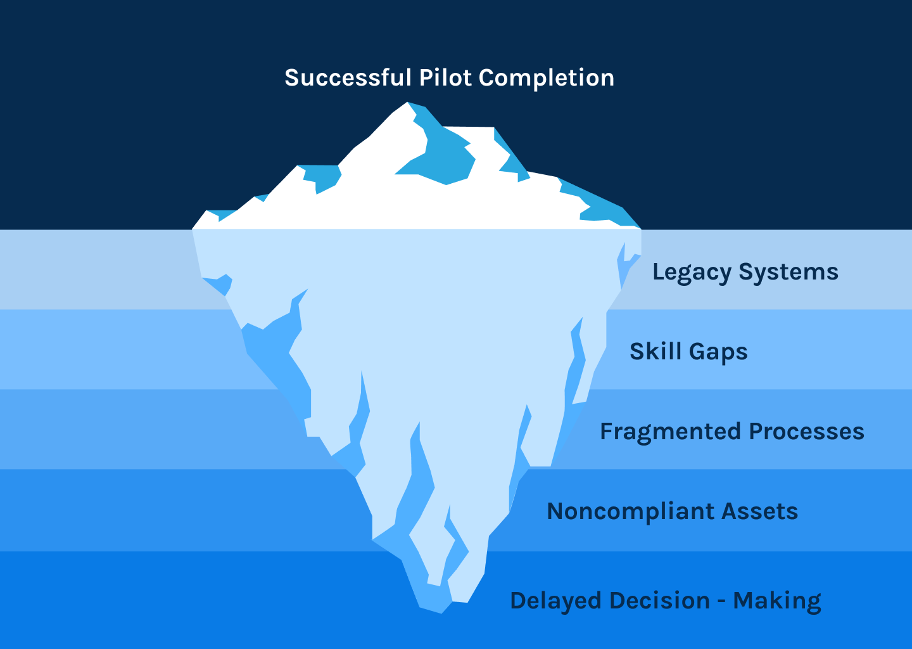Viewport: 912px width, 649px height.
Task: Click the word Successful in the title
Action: pos(348,78)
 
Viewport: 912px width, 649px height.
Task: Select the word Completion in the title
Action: pos(547,78)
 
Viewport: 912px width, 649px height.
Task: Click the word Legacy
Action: pos(692,273)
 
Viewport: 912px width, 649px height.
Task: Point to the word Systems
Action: pos(788,273)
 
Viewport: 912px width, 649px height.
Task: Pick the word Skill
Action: pos(655,352)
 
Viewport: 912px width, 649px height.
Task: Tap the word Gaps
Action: pos(718,352)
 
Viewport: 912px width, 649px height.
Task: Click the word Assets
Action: pos(760,511)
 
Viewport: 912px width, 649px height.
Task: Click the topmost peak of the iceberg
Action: pos(408,103)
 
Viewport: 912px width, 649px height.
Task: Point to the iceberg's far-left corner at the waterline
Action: pos(193,229)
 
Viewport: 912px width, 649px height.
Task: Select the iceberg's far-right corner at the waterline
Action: pos(640,228)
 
